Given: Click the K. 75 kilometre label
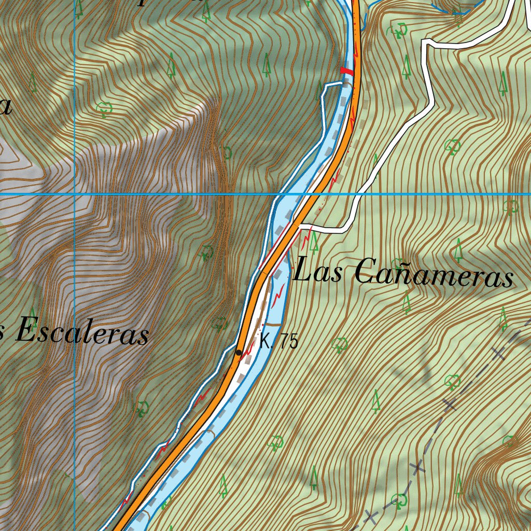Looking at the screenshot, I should point(279,342).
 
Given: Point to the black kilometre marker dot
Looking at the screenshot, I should point(239,353).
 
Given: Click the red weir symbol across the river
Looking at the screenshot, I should point(346,71).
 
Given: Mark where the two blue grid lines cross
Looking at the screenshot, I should point(75,194).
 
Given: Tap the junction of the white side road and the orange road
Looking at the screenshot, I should point(300,226).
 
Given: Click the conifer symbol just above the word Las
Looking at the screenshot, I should point(313,239).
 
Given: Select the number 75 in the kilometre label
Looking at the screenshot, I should point(289,342).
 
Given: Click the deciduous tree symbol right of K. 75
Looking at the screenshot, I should point(340,344).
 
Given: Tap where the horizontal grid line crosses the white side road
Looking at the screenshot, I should point(357,194).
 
